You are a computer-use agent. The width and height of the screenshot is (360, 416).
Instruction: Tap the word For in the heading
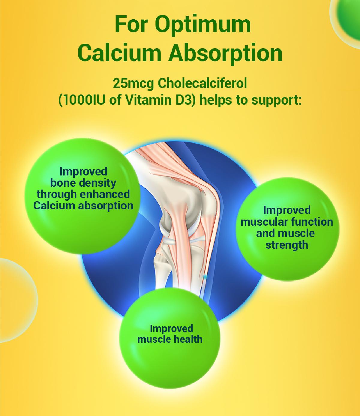tap(131, 24)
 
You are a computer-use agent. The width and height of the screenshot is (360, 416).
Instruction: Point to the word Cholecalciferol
tap(202, 83)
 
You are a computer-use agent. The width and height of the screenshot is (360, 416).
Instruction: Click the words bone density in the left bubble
tap(83, 183)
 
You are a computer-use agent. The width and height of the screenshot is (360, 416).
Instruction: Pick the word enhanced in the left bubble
tap(105, 194)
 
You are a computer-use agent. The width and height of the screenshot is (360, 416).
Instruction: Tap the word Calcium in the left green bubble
tap(54, 206)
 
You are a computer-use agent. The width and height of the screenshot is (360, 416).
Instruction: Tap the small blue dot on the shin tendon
tap(205, 277)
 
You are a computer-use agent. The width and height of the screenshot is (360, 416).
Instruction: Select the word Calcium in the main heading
tap(119, 53)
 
